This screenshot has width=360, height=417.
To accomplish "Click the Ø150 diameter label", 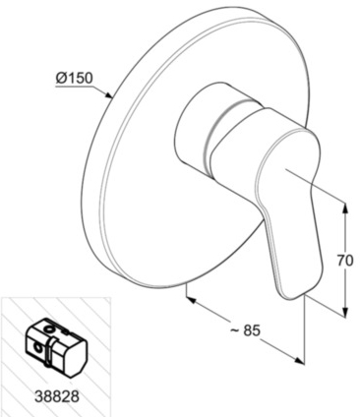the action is point(74,78).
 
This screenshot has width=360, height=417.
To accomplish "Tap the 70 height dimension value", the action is point(345,261).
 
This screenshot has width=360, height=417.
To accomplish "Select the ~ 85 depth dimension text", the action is point(245,330).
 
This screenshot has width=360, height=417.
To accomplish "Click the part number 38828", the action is point(57,396).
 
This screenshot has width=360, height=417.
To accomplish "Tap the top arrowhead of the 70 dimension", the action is point(345,208).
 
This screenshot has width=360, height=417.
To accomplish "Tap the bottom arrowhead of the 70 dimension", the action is point(345,312).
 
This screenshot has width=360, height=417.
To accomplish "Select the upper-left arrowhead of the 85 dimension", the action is point(191,299).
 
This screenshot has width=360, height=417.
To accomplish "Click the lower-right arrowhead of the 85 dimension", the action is point(299,360).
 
